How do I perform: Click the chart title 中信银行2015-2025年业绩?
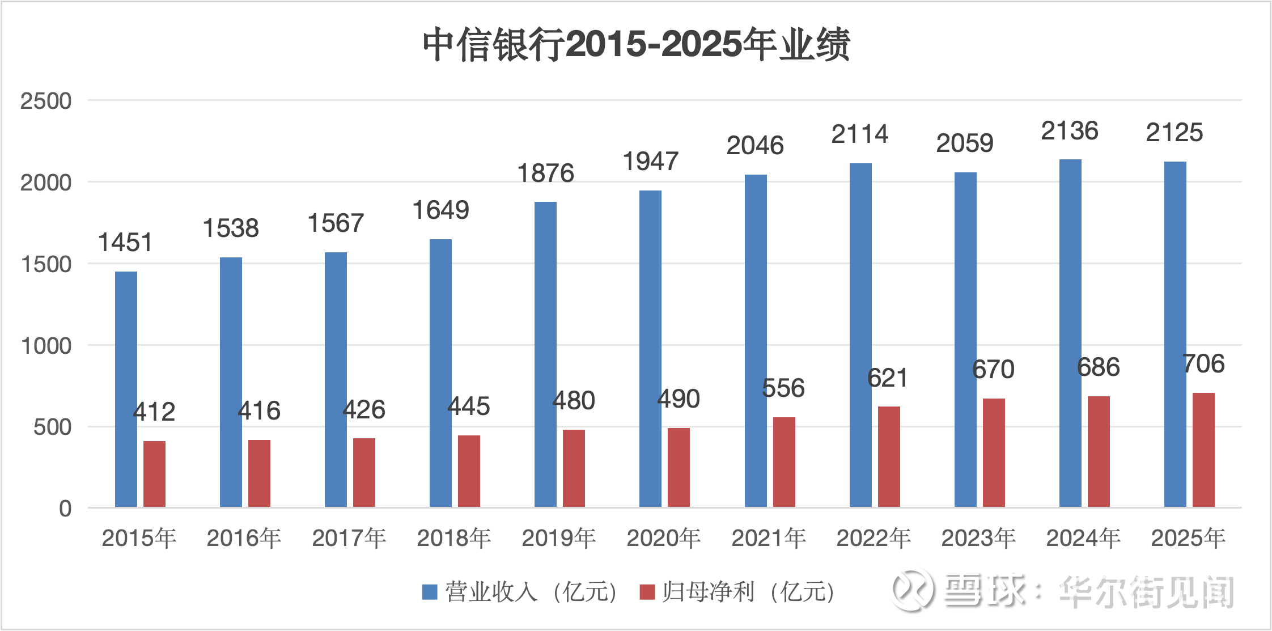pos(636,44)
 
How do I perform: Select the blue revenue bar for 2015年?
pos(126,389)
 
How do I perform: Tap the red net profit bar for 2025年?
pos(1203,450)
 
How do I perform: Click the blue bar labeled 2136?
pos(1070,333)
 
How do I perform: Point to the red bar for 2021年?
pos(784,461)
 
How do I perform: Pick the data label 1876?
pos(545,173)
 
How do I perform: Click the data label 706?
pos(1203,363)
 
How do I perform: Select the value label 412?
pos(154,412)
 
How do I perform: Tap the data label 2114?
pos(860,134)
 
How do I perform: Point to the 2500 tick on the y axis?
pos(46,101)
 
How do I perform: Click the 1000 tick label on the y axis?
pos(46,346)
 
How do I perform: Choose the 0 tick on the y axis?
pos(65,509)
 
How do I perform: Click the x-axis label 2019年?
pos(558,538)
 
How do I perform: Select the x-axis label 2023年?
pos(978,538)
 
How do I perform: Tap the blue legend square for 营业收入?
pos(430,592)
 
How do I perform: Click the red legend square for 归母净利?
pos(647,592)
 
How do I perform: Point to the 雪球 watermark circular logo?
pos(912,591)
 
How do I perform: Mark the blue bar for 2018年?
pos(440,373)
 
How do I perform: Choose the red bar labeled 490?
pos(679,467)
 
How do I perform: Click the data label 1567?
pos(336,223)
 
